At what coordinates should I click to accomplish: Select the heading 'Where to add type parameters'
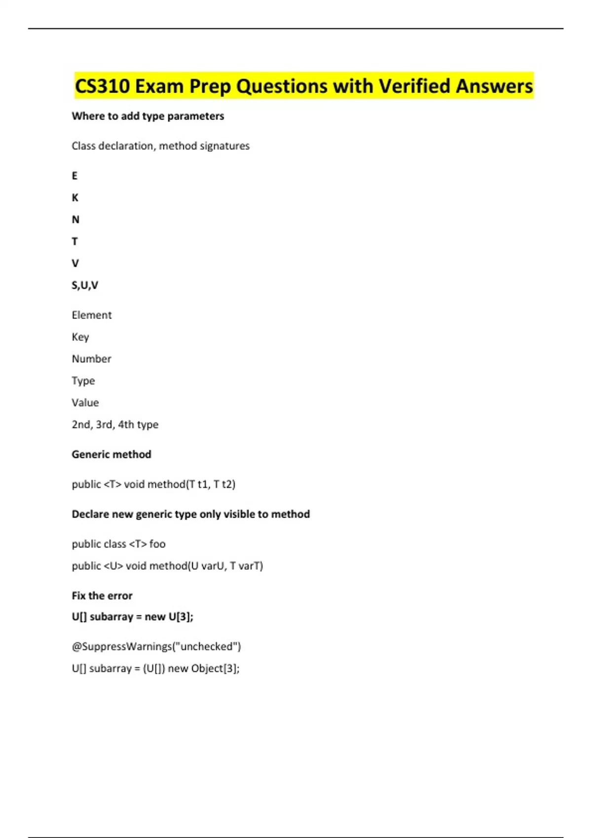(x=148, y=116)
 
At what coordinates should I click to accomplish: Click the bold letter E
(x=74, y=176)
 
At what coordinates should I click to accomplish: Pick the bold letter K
(x=75, y=198)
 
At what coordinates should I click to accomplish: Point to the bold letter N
(x=75, y=220)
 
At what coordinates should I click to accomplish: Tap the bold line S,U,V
(x=85, y=285)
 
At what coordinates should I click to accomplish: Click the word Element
(x=92, y=315)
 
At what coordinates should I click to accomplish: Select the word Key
(x=80, y=337)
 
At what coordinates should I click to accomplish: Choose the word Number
(x=91, y=359)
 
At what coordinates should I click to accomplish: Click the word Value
(x=85, y=403)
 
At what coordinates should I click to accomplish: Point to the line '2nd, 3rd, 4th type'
(x=115, y=424)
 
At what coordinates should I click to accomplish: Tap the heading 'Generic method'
(x=111, y=454)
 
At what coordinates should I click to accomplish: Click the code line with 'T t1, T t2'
(x=153, y=485)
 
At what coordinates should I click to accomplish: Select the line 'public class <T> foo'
(x=118, y=544)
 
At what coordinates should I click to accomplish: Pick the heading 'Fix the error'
(x=102, y=596)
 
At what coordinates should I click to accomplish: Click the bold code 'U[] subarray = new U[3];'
(x=132, y=617)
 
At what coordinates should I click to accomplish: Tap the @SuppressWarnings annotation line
(x=156, y=647)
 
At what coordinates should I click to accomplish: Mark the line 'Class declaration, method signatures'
(x=160, y=146)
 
